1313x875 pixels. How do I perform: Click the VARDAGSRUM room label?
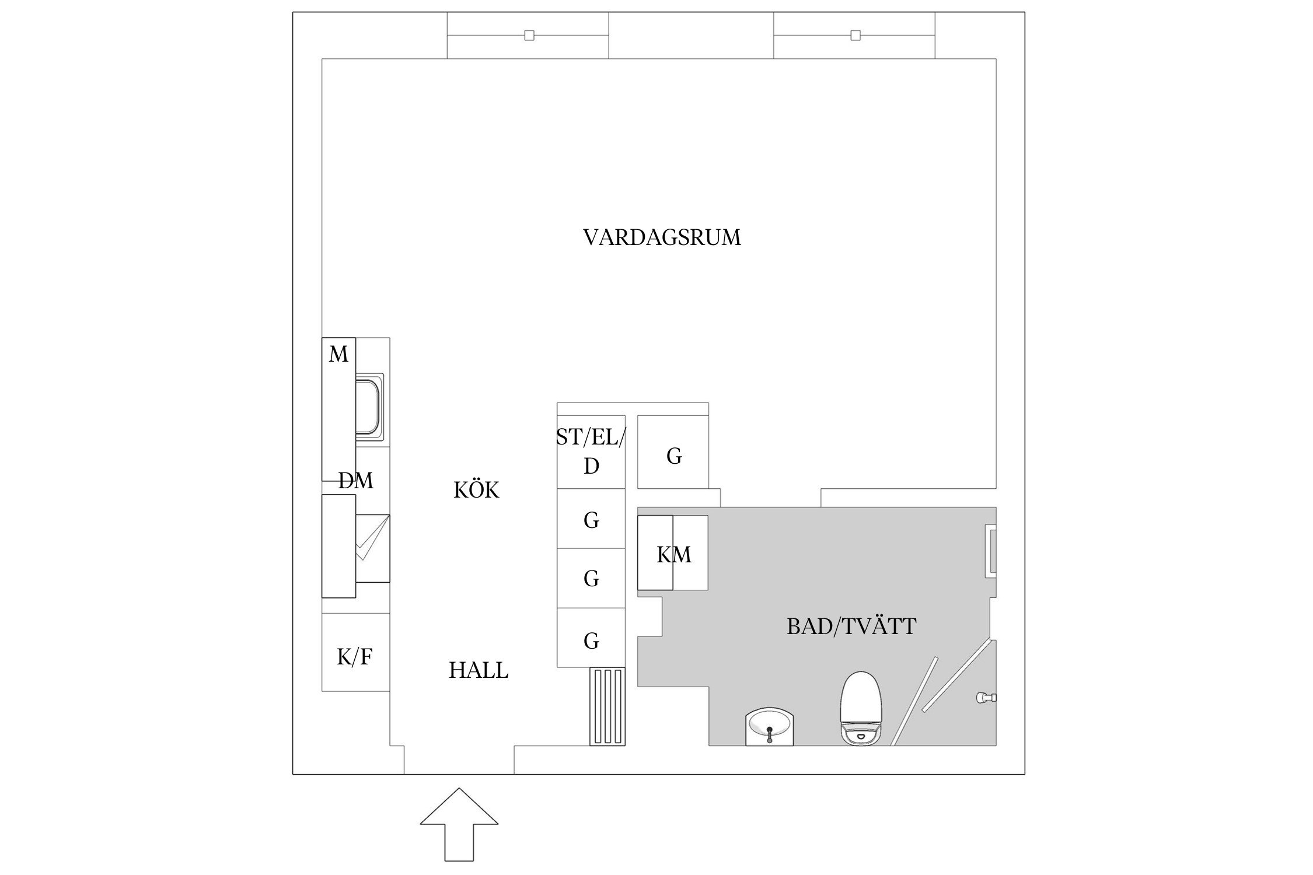[662, 238]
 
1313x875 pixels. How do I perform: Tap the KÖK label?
[476, 491]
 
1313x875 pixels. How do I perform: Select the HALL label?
[479, 671]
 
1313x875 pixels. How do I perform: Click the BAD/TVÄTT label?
[851, 627]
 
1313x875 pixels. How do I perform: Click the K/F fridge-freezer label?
[355, 657]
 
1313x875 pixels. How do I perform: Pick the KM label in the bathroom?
[673, 555]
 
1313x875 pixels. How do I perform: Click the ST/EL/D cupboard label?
[591, 451]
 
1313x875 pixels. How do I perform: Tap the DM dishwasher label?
[356, 481]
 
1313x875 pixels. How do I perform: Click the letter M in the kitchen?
[338, 354]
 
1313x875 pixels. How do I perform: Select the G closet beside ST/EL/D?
[673, 456]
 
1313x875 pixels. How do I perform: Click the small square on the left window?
[529, 36]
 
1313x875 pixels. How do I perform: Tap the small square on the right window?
[855, 36]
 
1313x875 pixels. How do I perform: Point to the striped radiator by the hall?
[607, 706]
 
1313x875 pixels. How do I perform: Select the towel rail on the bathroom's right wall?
[990, 551]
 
